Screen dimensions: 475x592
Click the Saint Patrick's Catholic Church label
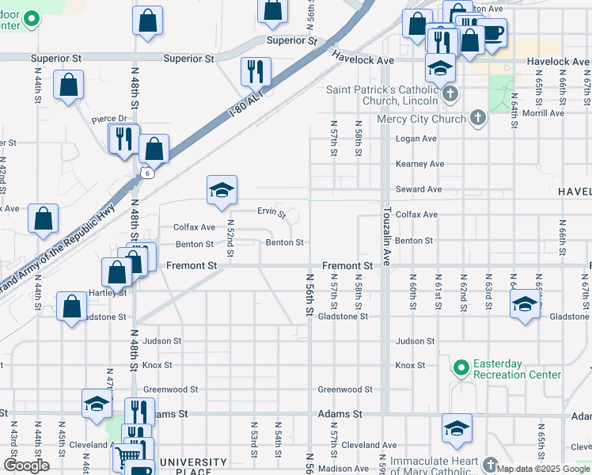click(382, 95)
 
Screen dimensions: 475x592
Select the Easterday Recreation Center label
click(517, 369)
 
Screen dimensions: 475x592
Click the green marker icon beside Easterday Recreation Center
click(461, 367)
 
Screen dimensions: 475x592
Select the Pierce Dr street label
click(108, 119)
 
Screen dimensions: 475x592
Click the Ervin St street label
click(271, 211)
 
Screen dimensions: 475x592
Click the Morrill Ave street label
click(542, 113)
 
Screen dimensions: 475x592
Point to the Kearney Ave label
click(420, 164)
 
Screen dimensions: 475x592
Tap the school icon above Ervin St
click(222, 189)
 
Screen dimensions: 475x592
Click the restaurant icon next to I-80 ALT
click(256, 71)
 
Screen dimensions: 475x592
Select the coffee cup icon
click(492, 33)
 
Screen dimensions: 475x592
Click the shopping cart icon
click(126, 458)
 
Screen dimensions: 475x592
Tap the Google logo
click(26, 465)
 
